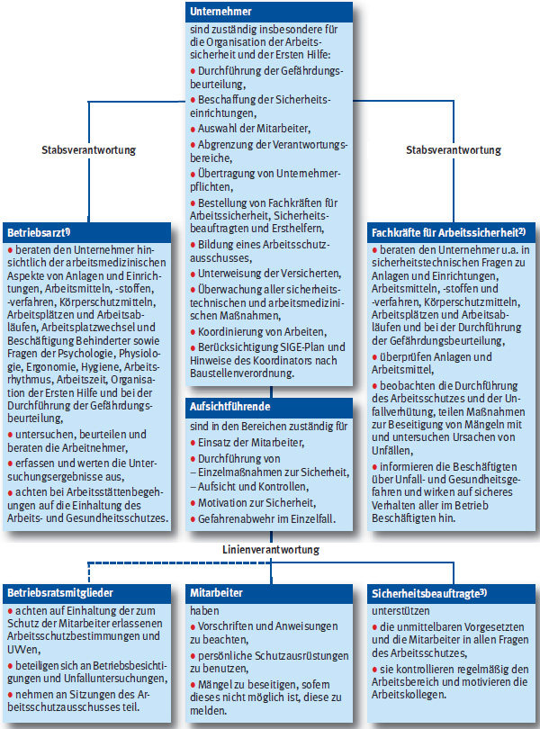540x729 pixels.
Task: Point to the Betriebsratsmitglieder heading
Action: pos(59,593)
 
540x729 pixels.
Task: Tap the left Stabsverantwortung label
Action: pos(89,148)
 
